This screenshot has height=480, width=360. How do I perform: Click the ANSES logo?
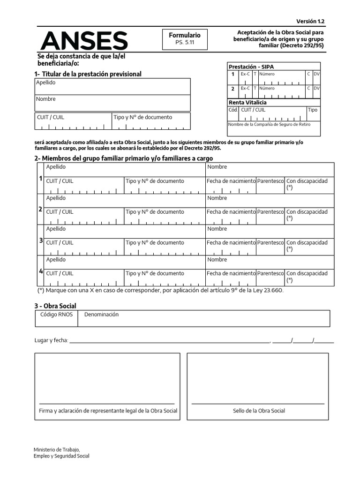[x=84, y=41]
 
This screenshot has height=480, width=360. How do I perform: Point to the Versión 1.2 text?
[x=310, y=22]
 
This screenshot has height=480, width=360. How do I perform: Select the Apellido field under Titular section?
[x=112, y=87]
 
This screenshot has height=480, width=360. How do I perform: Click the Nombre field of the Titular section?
[x=112, y=103]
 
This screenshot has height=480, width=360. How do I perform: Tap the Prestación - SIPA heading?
[x=251, y=67]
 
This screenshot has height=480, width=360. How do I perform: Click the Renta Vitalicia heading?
[x=247, y=102]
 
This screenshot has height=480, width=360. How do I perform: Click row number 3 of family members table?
[x=40, y=240]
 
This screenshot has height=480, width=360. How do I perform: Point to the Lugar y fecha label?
[x=52, y=340]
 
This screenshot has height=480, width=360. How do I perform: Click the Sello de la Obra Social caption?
[x=259, y=411]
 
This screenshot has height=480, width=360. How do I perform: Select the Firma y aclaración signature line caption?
[x=108, y=411]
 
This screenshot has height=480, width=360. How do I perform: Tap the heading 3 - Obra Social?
[x=55, y=306]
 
